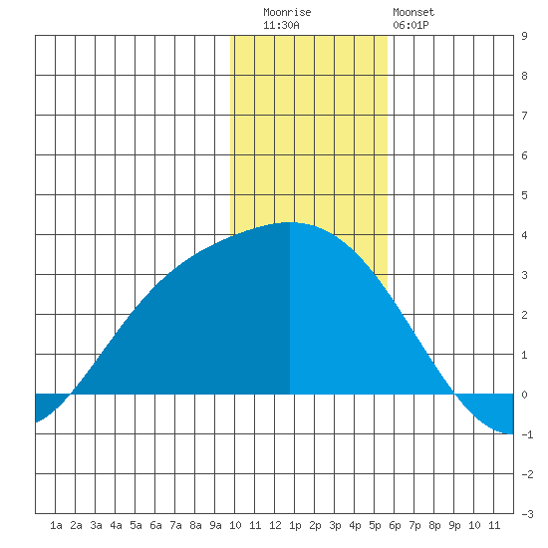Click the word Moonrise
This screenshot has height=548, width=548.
pyautogui.click(x=287, y=12)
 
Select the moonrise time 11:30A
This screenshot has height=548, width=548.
pyautogui.click(x=281, y=25)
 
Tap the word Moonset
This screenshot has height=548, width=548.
pyautogui.click(x=413, y=12)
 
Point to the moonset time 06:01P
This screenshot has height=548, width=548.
pyautogui.click(x=411, y=25)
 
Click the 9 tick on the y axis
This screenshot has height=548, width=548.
pyautogui.click(x=524, y=36)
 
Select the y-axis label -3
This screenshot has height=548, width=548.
pyautogui.click(x=527, y=514)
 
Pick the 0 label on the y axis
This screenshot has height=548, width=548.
pyautogui.click(x=524, y=395)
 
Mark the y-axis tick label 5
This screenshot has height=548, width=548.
pyautogui.click(x=524, y=195)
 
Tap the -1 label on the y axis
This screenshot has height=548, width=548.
pyautogui.click(x=527, y=434)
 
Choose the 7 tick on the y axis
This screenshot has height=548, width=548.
pyautogui.click(x=524, y=116)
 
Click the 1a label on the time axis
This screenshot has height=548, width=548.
pyautogui.click(x=56, y=525)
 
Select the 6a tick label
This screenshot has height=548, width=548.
pyautogui.click(x=155, y=525)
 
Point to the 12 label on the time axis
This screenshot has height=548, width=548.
pyautogui.click(x=275, y=525)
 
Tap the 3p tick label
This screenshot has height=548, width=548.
pyautogui.click(x=335, y=525)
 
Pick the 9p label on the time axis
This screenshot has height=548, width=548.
pyautogui.click(x=454, y=525)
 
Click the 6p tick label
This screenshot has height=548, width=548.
pyautogui.click(x=395, y=525)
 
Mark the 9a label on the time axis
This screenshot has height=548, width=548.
pyautogui.click(x=215, y=525)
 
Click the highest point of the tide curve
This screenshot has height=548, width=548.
pyautogui.click(x=289, y=222)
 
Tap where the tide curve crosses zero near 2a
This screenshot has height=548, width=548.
pyautogui.click(x=72, y=395)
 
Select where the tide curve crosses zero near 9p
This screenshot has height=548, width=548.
pyautogui.click(x=454, y=395)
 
